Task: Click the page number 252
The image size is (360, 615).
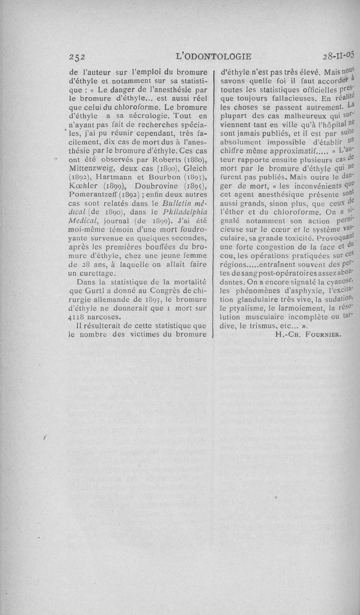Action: [x=77, y=57]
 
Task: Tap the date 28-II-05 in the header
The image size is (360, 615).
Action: [x=338, y=56]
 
